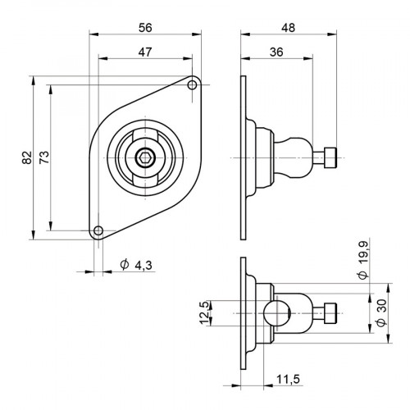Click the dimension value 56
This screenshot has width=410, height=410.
click(x=144, y=27)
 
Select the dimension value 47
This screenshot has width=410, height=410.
click(x=144, y=51)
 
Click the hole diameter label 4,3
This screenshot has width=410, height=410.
click(x=143, y=264)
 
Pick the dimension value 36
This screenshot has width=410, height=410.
click(x=277, y=51)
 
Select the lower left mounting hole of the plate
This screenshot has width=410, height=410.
click(x=98, y=230)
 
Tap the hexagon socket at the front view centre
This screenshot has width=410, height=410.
click(x=144, y=158)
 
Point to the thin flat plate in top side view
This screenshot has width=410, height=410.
click(x=243, y=157)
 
